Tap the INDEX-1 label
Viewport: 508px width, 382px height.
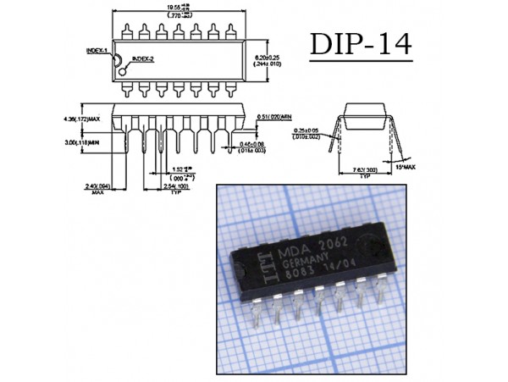coord(97,50)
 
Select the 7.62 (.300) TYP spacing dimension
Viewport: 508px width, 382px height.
coord(365,171)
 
